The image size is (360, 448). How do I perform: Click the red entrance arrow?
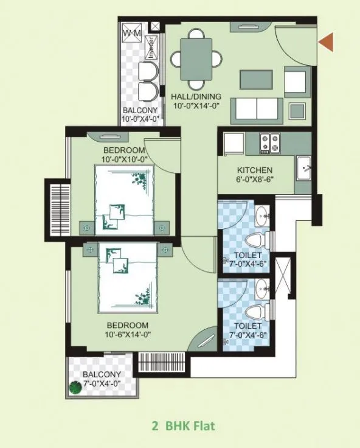[327, 42]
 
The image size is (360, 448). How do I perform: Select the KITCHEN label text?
[255, 170]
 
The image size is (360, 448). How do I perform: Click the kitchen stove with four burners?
[269, 144]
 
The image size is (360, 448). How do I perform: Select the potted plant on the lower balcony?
[75, 388]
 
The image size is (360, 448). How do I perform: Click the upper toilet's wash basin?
[261, 215]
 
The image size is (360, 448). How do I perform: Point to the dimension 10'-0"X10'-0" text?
[124, 159]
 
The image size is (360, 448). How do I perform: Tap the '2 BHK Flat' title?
[182, 425]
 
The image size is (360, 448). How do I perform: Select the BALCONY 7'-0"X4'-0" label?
[102, 379]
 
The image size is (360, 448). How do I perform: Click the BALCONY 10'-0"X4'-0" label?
[140, 114]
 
